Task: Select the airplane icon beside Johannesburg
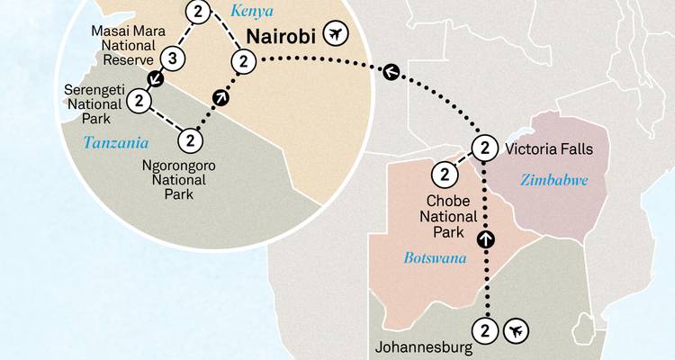pos(516,331)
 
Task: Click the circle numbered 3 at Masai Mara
pos(175,60)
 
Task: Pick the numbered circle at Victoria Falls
pos(484,148)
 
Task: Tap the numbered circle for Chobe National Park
pos(445,175)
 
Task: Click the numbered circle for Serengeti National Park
pos(139,101)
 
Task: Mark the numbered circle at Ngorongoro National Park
pos(190,140)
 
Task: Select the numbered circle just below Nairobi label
pos(241,61)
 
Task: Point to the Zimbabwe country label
pos(554,181)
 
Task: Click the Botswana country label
pos(436,259)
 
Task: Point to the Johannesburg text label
pos(421,346)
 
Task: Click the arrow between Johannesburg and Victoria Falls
pos(486,238)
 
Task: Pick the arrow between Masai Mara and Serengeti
pos(156,80)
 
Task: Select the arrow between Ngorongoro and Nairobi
pos(221,97)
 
